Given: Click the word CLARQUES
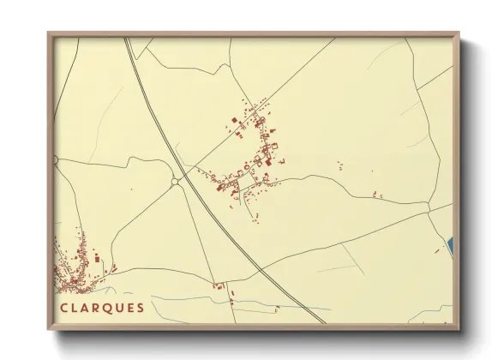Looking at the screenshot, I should (102, 308).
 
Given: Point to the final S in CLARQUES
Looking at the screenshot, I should (140, 308).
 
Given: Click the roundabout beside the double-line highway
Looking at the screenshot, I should (176, 181).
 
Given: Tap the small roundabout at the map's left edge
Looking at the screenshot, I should (57, 160).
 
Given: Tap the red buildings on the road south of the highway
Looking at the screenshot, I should (219, 285).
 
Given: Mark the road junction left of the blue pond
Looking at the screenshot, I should (428, 207).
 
